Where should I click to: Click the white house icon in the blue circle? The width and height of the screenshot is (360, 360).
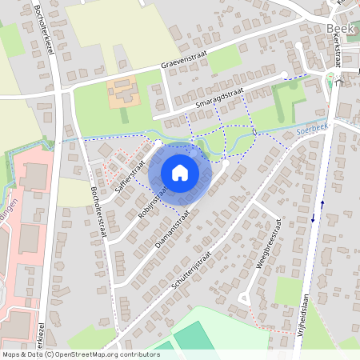pyautogui.click(x=180, y=173)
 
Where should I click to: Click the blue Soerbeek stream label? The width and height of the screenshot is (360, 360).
pyautogui.click(x=312, y=128)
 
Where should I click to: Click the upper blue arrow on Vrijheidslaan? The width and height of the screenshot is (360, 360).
pyautogui.click(x=322, y=203)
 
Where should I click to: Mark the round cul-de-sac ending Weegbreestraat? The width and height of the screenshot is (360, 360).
pyautogui.click(x=245, y=298)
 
